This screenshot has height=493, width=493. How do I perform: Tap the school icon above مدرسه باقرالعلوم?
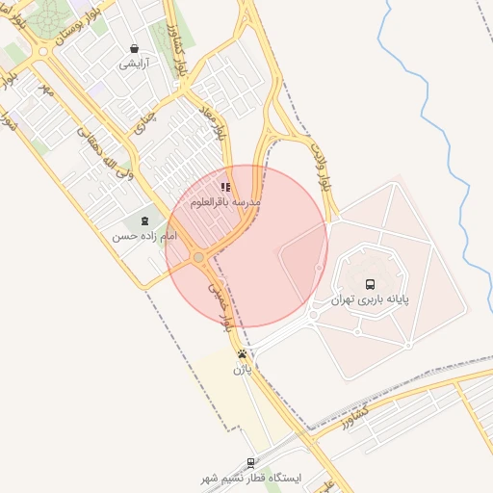pyautogui.click(x=225, y=187)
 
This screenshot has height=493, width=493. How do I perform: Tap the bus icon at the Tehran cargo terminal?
pyautogui.click(x=371, y=284)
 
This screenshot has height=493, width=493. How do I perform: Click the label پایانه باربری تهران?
pyautogui.click(x=371, y=299)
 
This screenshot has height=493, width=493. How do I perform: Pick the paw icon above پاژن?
pyautogui.click(x=241, y=353)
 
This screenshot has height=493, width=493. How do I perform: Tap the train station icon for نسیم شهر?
pyautogui.click(x=251, y=462)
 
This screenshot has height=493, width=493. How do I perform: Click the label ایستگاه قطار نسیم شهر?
pyautogui.click(x=251, y=478)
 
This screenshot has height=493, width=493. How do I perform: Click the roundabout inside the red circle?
pyautogui.click(x=198, y=258)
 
